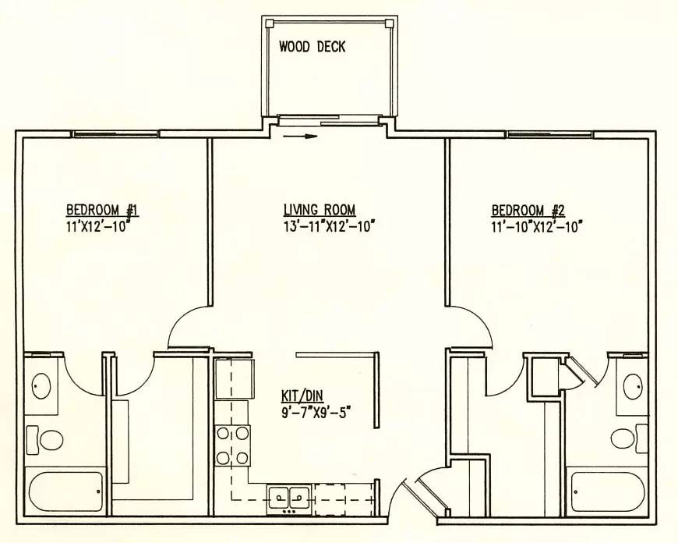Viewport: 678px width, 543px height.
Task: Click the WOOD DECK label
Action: (x=312, y=46)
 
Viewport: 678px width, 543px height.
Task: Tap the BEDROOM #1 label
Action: (x=102, y=210)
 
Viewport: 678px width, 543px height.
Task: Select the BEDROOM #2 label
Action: (x=528, y=211)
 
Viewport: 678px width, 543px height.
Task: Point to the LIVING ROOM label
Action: (x=320, y=210)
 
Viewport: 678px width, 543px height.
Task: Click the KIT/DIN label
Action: (x=302, y=396)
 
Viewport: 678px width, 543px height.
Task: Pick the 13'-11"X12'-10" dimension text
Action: (x=329, y=226)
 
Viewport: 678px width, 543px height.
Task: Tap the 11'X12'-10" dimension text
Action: (x=98, y=226)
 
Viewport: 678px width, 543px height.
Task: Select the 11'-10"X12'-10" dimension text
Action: (x=537, y=226)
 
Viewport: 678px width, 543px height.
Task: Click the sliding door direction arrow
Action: (x=301, y=137)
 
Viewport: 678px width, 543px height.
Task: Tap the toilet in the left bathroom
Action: (x=45, y=440)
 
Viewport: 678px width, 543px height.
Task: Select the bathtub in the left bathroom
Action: (x=65, y=492)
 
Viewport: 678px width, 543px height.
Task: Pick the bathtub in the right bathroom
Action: (x=608, y=492)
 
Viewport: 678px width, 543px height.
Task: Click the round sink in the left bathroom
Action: (x=41, y=386)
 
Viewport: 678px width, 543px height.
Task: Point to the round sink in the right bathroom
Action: (x=634, y=386)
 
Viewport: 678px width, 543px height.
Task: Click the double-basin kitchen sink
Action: (x=288, y=498)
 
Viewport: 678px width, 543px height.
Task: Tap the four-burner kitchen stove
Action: (x=233, y=445)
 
